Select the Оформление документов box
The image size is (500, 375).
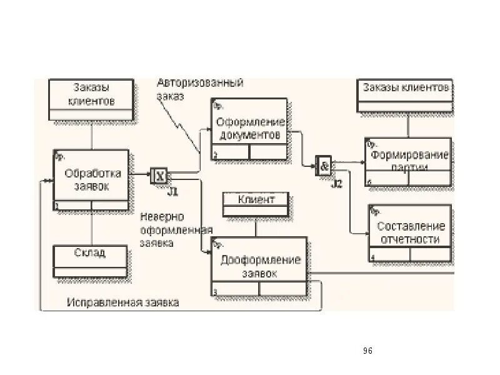point(249,129)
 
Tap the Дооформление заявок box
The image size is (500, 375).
point(259,267)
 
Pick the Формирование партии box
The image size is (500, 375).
point(408,161)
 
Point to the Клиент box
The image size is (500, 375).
point(256,204)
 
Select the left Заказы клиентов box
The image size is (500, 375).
point(91,99)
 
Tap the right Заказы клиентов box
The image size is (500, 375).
point(405,95)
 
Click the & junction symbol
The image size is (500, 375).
point(324,166)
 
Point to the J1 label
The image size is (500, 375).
point(173,190)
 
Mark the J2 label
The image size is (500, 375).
point(337,183)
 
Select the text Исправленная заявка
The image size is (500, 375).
point(123,302)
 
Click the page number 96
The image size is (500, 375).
point(367,351)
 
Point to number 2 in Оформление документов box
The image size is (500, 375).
point(215,156)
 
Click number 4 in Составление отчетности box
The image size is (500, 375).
point(372,257)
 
